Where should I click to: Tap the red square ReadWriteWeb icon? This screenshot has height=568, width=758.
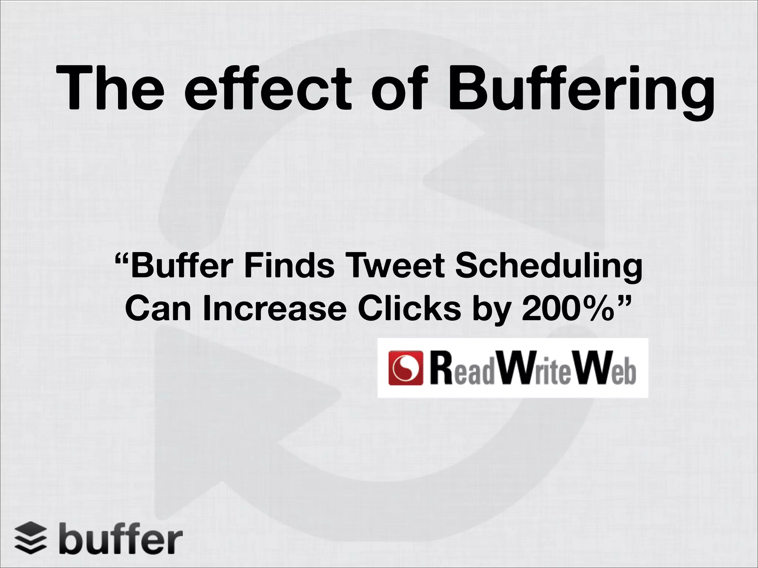click(406, 368)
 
